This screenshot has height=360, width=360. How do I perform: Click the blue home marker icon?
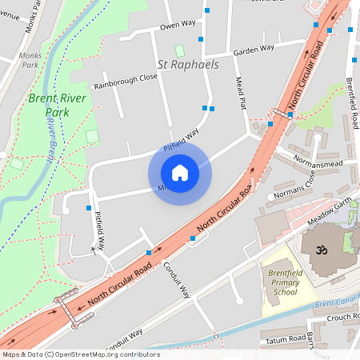click(180, 172)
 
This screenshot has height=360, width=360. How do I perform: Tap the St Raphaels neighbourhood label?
click(188, 64)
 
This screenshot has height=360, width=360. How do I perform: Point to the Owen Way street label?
click(178, 26)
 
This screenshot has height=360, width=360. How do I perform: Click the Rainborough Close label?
click(126, 78)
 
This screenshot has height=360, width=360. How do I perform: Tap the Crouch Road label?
click(342, 318)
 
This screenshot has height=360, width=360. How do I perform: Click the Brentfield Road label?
click(352, 104)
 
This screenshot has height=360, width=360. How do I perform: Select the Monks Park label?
click(30, 61)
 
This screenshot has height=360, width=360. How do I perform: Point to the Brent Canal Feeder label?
click(337, 304)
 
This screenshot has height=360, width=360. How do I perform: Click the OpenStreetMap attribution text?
click(81, 354)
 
